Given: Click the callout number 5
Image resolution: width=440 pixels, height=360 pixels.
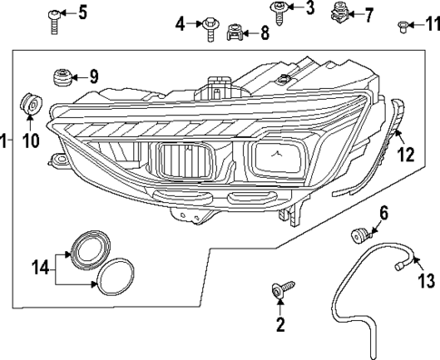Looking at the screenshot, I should click(x=83, y=12).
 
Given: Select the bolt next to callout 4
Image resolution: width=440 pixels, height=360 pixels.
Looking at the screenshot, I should click(x=210, y=26).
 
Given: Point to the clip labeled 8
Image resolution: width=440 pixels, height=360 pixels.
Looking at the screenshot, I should click(x=236, y=34).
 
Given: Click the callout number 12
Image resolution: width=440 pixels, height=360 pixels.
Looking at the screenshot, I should click(x=406, y=155).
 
